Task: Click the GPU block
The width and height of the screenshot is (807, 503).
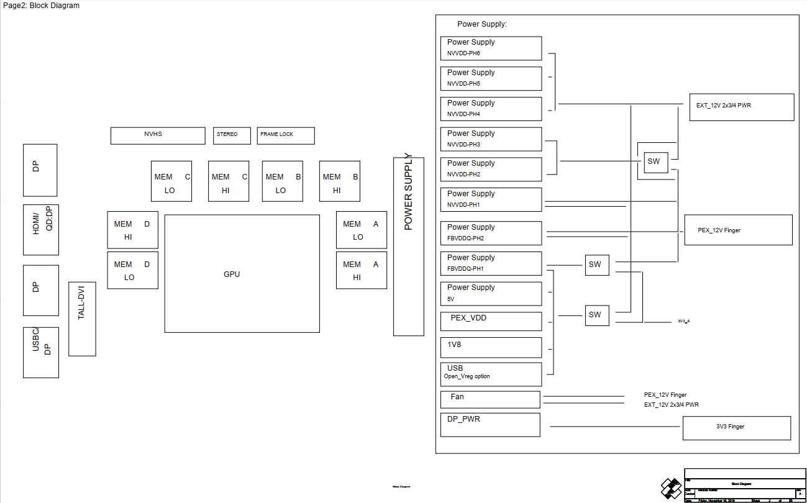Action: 242,274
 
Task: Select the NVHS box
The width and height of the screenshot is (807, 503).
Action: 158,135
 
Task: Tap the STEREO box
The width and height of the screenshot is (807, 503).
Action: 232,135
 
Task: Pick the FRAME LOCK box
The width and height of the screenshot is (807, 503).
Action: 286,135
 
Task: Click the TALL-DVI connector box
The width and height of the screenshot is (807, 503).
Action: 82,319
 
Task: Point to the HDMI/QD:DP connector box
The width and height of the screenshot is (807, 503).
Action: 40,230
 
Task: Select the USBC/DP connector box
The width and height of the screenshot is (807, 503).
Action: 41,352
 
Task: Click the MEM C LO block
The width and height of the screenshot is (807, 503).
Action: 171,181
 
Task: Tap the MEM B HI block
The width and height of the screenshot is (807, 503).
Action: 339,181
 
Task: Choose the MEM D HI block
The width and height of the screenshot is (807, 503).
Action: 132,230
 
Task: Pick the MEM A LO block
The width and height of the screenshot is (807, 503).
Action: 361,230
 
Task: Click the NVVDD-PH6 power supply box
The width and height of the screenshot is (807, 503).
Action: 491,48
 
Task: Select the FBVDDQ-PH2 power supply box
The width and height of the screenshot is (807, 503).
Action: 491,233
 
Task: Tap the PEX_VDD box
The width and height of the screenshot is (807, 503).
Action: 491,321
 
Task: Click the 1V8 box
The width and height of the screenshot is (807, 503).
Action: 491,347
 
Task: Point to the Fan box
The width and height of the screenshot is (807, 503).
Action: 490,399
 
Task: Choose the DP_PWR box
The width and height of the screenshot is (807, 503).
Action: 490,425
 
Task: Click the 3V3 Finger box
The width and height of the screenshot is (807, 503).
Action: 736,428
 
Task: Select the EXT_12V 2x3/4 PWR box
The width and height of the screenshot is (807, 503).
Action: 741,107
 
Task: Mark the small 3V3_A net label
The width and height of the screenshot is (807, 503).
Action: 684,321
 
